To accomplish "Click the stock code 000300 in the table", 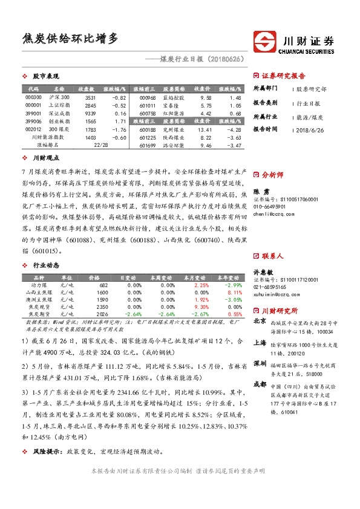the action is [x=34, y=97].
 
